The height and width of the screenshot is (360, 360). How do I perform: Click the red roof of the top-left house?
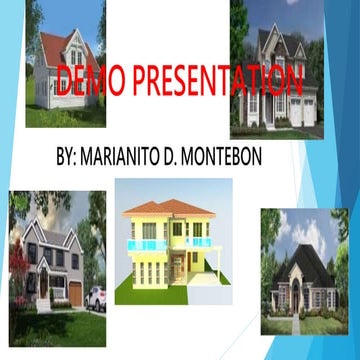pos(60,44)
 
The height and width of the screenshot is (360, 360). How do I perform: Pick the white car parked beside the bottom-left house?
pos(97,297)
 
